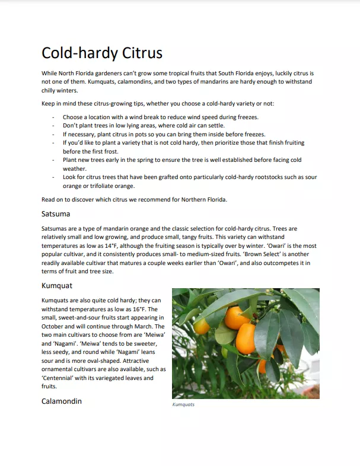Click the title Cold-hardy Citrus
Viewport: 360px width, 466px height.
101,53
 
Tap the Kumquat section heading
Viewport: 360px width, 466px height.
57,285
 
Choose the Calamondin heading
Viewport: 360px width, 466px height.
62,401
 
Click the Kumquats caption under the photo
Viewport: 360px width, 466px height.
183,405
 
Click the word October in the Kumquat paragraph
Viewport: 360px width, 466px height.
55,326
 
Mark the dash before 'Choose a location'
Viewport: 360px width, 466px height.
53,117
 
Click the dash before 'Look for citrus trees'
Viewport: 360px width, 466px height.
53,177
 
